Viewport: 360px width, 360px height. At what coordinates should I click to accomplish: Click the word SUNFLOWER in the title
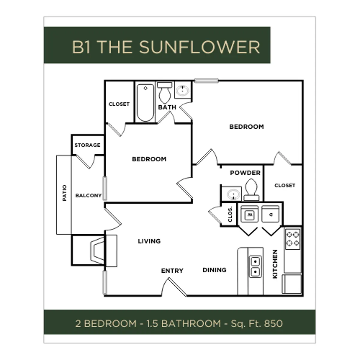(x=199, y=47)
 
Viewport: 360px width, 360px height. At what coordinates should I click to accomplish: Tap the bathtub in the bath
(x=145, y=102)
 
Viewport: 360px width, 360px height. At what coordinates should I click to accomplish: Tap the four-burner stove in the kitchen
(x=292, y=239)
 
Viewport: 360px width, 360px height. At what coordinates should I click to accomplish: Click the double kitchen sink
(x=255, y=266)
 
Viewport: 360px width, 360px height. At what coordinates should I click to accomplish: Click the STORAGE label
(x=87, y=145)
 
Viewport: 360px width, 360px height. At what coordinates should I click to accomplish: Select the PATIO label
(x=64, y=193)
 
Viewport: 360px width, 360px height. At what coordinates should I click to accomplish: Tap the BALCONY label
(x=88, y=196)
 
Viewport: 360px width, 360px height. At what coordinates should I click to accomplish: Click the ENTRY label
(x=172, y=271)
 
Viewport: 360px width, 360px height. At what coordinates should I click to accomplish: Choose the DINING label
(x=214, y=270)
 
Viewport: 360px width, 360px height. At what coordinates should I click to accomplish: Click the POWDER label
(x=245, y=173)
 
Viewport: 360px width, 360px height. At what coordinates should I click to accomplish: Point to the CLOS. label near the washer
(x=230, y=214)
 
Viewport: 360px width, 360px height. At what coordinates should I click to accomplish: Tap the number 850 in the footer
(x=273, y=323)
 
